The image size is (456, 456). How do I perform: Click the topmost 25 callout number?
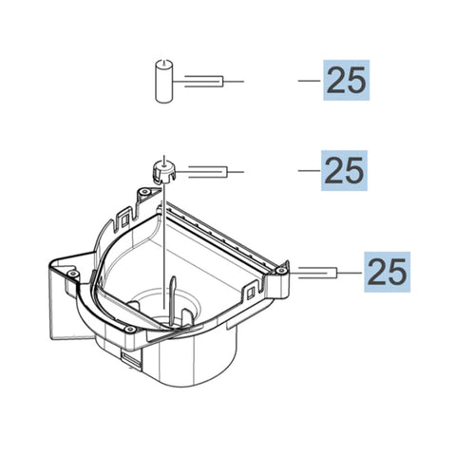[x=345, y=81]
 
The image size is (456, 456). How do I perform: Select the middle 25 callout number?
[x=345, y=171]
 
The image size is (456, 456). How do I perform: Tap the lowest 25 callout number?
[x=386, y=273]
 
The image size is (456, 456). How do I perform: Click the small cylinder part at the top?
[x=161, y=80]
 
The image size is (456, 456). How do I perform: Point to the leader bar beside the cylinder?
[x=204, y=81]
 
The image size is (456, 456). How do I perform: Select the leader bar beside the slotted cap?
[x=209, y=172]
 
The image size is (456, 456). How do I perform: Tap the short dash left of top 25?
[x=310, y=81]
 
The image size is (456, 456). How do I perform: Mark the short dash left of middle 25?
[x=310, y=171]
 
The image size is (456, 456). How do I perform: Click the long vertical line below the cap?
[x=163, y=247]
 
